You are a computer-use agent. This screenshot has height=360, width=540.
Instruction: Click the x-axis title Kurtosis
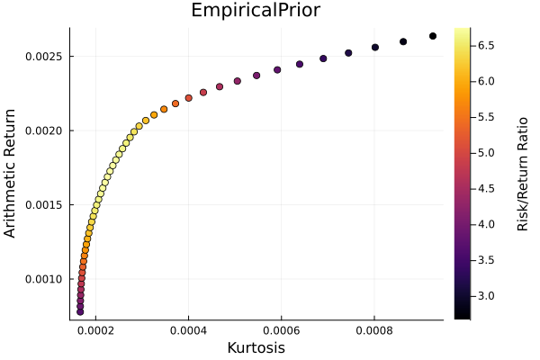point(256,347)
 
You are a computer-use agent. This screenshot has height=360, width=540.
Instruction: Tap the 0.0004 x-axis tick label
point(188,330)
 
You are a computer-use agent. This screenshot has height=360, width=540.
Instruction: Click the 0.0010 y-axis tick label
point(43,279)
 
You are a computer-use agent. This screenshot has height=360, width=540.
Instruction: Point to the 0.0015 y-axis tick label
point(43,205)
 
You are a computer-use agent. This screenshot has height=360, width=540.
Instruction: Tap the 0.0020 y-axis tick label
point(43,130)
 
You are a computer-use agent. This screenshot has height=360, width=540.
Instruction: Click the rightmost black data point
point(433,36)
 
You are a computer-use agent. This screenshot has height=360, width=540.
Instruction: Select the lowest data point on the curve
point(80,311)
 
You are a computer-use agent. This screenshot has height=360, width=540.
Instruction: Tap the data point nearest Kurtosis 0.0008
point(375,47)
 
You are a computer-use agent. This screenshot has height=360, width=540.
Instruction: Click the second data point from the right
point(403,41)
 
